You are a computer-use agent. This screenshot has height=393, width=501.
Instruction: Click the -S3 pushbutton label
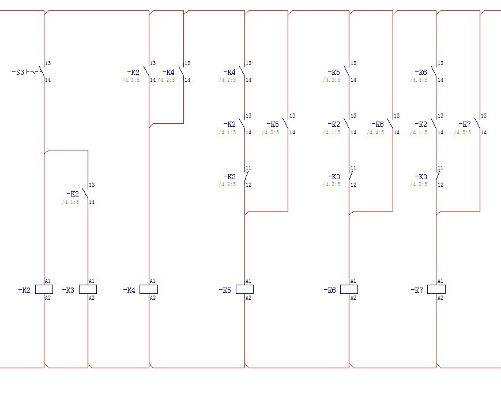[18, 73]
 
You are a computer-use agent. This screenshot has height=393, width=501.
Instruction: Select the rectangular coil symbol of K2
[44, 289]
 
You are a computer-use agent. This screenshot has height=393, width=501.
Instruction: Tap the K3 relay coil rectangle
[88, 289]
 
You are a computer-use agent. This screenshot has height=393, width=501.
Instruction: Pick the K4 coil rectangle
[149, 289]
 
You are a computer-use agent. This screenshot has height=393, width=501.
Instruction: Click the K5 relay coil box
[244, 289]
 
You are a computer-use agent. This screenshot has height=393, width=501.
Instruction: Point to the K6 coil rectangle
[349, 289]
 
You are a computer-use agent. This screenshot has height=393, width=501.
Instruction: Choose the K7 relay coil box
[436, 289]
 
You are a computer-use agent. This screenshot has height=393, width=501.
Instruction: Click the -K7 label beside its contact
[465, 124]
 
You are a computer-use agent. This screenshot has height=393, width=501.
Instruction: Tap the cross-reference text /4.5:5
[462, 133]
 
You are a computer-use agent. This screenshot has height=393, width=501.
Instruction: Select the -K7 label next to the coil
[417, 290]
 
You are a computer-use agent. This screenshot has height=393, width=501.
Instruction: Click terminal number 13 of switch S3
[48, 63]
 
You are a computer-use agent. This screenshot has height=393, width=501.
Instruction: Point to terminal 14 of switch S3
[48, 80]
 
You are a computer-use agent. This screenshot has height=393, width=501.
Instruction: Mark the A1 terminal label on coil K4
[153, 281]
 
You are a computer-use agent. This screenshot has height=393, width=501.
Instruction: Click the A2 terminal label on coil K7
[440, 298]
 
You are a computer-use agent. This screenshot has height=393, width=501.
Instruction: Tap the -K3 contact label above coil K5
[229, 176]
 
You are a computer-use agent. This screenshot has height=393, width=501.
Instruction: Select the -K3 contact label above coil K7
[421, 176]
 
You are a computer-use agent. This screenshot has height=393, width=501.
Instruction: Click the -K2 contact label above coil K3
[73, 194]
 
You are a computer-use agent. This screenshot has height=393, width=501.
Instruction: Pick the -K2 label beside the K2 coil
[24, 290]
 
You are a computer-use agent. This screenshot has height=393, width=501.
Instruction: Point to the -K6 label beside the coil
[329, 290]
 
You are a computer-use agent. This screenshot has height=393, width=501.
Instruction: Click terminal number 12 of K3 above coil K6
[353, 185]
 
